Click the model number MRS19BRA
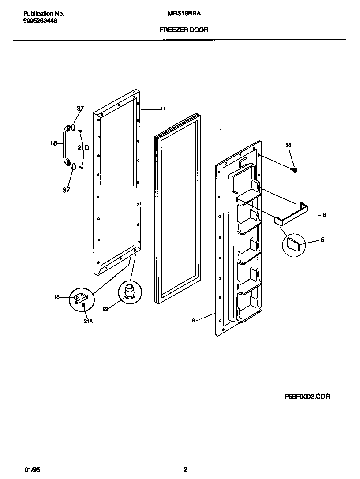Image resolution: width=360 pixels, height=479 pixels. pos(184,14)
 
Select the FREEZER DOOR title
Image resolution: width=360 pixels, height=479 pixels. pos(184,30)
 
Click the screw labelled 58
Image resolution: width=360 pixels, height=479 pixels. pos(293,169)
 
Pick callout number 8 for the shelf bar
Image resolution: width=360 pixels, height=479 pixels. pos(324,215)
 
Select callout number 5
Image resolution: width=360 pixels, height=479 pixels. pos(322,239)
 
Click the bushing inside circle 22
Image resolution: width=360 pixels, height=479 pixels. pos(130,292)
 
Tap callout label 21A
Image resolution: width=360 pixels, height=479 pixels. pos(88,321)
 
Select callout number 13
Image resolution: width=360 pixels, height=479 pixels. pos(56,297)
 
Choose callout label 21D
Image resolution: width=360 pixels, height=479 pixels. pos(83,148)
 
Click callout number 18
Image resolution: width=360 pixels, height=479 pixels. pos(53,143)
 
